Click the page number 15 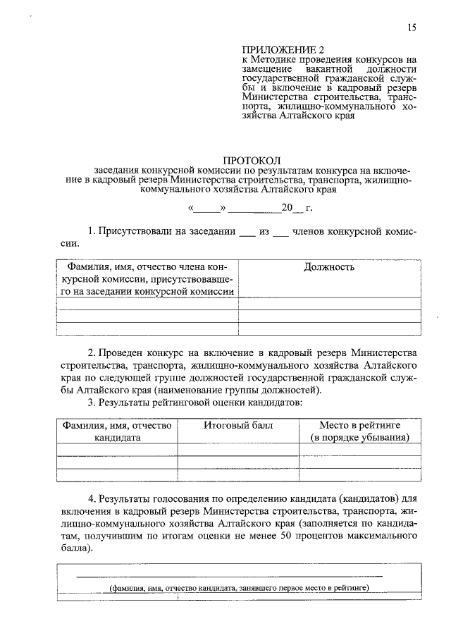[412, 28]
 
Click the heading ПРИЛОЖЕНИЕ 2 [276, 49]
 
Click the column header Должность [329, 267]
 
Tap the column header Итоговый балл [238, 426]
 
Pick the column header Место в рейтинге [360, 426]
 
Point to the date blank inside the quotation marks [206, 209]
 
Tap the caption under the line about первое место [239, 589]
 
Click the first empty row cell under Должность [329, 304]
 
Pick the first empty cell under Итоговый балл [238, 450]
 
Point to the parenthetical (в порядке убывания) [360, 437]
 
